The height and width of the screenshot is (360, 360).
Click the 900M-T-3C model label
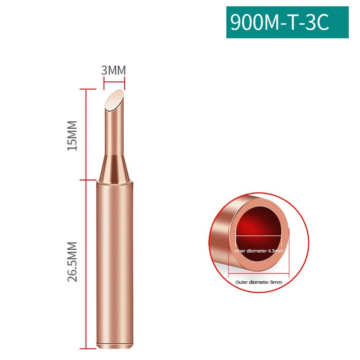[x=279, y=22]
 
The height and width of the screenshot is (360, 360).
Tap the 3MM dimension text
[x=114, y=70]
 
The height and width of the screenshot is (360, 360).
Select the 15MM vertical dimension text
[x=72, y=135]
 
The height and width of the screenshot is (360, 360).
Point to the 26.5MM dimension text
[x=72, y=261]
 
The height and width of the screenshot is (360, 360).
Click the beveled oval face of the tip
[x=114, y=100]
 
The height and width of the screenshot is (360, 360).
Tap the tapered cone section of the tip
[x=114, y=169]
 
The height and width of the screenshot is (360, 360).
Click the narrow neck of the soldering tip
[x=114, y=133]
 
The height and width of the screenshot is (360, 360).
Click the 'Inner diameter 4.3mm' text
[x=259, y=251]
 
